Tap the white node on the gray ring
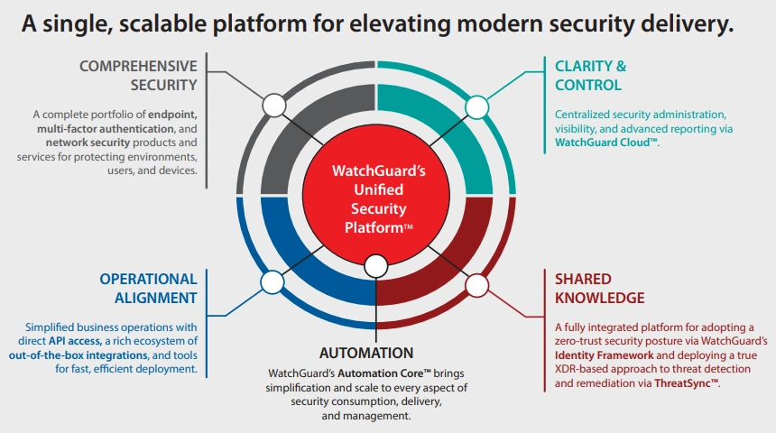tap(273, 106)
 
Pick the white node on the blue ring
tap(272, 282)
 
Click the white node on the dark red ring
tap(476, 286)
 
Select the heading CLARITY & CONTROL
tap(588, 75)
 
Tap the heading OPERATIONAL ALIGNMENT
tap(148, 288)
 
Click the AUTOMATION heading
tap(366, 353)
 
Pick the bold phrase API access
tap(78, 340)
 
